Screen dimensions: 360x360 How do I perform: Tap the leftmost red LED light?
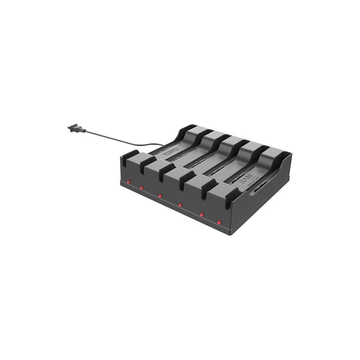click(128, 182)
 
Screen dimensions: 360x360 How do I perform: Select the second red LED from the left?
click(141, 187)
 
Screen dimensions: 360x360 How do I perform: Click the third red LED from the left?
click(160, 196)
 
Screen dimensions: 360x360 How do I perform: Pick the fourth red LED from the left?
click(180, 205)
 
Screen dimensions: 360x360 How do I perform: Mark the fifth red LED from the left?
click(202, 214)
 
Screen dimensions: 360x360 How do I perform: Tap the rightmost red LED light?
click(219, 222)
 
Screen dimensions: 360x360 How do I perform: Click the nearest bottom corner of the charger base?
click(234, 234)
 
